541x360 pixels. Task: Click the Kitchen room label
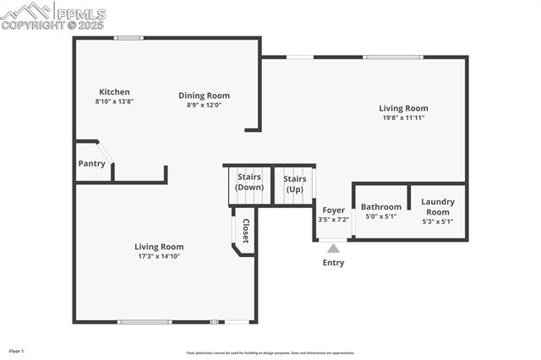(x=114, y=92)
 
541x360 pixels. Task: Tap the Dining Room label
(x=204, y=95)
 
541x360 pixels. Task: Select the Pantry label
(x=91, y=163)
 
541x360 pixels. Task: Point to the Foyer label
(x=333, y=210)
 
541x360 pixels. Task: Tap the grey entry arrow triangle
(x=333, y=248)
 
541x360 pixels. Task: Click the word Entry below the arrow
(x=333, y=263)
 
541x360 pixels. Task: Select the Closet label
(x=246, y=231)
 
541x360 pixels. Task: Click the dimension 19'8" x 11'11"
(x=402, y=118)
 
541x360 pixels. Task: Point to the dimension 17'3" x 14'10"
(x=159, y=256)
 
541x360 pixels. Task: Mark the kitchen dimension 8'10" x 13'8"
(x=114, y=101)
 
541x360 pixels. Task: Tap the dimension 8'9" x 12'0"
(x=204, y=105)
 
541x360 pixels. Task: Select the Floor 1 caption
(x=16, y=351)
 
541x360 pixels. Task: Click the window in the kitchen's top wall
(x=128, y=37)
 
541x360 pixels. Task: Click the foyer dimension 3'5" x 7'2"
(x=333, y=220)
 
